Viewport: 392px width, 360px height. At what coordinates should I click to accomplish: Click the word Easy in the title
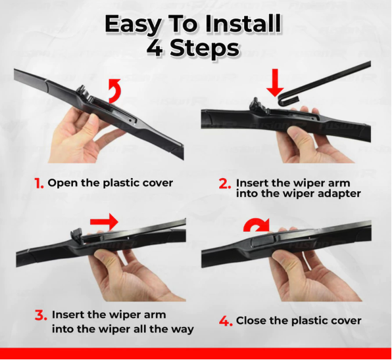coord(133,24)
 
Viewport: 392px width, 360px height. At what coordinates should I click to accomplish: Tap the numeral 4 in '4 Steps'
coord(155,48)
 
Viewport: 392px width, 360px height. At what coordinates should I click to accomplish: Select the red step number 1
coord(39,183)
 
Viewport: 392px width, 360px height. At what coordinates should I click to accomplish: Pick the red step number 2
coord(225,183)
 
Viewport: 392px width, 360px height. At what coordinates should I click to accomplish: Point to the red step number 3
coord(41,315)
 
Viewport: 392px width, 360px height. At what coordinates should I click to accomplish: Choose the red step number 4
coord(226,321)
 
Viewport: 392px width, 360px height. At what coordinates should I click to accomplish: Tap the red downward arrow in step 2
coord(275,82)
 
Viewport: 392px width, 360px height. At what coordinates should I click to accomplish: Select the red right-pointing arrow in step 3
coord(104,221)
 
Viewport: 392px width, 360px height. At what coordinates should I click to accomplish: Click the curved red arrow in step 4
coord(257,225)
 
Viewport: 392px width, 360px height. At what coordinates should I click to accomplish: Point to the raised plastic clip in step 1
coord(82,91)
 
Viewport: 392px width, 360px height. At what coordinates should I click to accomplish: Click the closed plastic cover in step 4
coord(262,240)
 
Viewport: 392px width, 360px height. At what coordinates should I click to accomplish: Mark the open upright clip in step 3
coord(77,235)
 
